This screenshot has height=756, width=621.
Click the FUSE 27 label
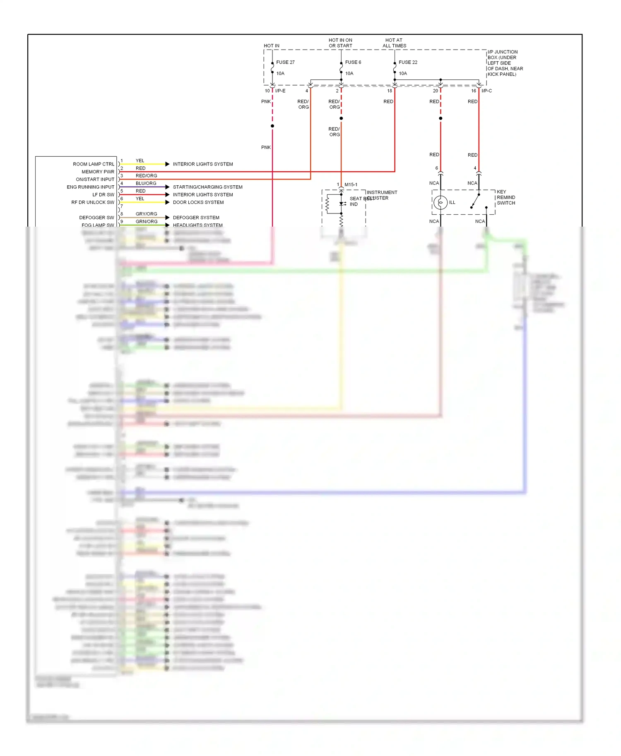point(285,62)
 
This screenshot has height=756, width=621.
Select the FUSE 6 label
point(353,62)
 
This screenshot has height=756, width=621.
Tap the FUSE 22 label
point(408,62)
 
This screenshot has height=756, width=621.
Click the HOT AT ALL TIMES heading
point(394,43)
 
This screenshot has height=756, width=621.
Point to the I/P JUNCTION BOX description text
point(505,63)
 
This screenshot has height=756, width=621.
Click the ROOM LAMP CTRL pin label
point(94,164)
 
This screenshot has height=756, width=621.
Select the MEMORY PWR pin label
point(98,172)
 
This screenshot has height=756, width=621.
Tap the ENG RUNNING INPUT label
point(90,187)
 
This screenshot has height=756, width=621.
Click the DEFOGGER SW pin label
point(96,218)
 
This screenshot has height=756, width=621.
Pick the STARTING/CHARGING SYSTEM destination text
point(207,187)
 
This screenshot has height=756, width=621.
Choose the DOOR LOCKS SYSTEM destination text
point(198,202)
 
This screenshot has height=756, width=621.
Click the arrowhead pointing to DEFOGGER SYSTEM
point(167,218)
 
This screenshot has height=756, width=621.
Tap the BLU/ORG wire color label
point(146,183)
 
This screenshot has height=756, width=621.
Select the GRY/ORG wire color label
point(146,214)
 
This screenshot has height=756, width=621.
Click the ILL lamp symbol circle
point(440,202)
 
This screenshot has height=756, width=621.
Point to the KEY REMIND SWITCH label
point(506,198)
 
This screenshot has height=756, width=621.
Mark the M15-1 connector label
point(351,185)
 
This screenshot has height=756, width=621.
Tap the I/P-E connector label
point(280,91)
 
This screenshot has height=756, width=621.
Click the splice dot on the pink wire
point(272,126)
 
